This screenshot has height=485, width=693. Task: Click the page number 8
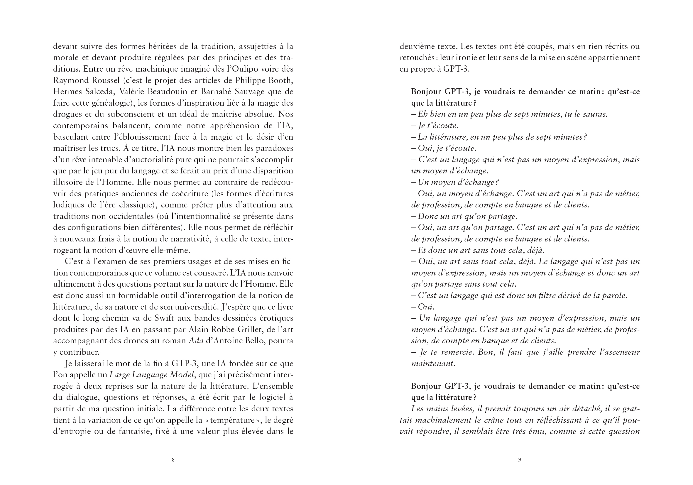(173, 460)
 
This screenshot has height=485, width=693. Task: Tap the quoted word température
(232, 420)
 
